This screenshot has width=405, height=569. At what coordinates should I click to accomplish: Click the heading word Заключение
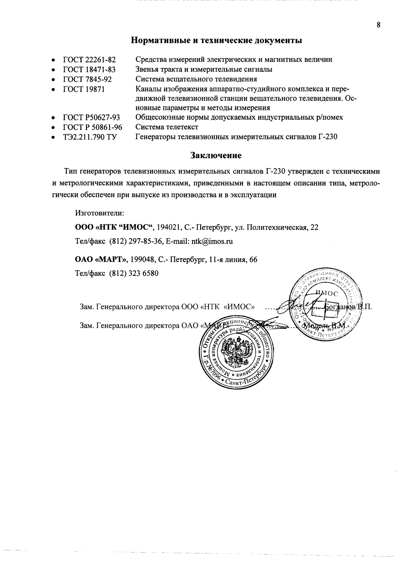[216, 155]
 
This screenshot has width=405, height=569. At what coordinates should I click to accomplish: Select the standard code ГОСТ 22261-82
[89, 59]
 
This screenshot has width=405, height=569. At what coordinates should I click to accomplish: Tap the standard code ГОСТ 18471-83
[89, 69]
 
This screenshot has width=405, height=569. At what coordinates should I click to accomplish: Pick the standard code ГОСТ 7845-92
[87, 79]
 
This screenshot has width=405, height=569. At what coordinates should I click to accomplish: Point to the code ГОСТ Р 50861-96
[92, 127]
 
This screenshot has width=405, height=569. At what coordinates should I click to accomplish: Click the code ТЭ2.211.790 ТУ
[90, 137]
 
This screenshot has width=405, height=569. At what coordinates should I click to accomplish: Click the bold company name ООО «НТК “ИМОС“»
[114, 227]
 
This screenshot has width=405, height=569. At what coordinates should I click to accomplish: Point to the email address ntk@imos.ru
[212, 242]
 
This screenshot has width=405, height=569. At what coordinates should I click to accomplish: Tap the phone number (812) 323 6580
[134, 274]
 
